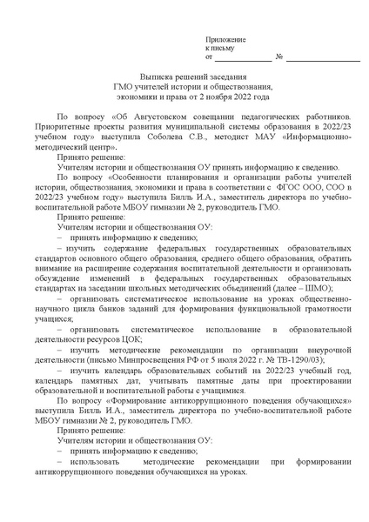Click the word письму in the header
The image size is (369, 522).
coord(216,50)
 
